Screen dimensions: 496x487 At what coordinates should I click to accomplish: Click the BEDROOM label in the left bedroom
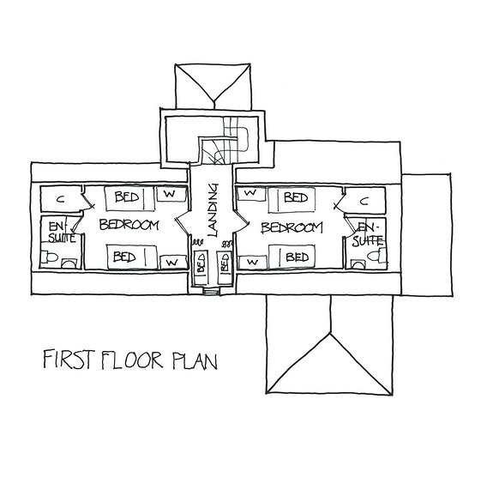pos(129,227)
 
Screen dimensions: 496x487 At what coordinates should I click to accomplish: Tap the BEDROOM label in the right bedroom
pos(292,227)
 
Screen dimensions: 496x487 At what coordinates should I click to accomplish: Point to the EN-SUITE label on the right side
pos(370,233)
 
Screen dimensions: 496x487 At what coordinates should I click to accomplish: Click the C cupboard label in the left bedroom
pos(59,199)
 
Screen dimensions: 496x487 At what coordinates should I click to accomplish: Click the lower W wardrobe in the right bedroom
pos(251,259)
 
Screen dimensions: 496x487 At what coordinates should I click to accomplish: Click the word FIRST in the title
pos(65,358)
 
